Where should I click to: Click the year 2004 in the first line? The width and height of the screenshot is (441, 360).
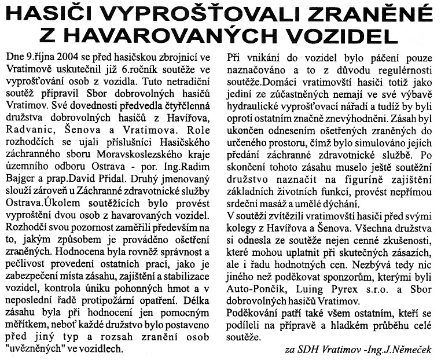[66, 58]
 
